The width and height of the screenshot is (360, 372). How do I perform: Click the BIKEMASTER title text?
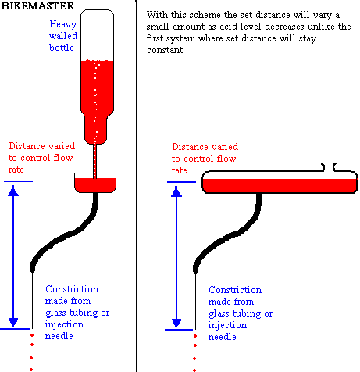click(x=37, y=5)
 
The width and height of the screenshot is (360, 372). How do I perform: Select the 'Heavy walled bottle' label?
click(x=63, y=36)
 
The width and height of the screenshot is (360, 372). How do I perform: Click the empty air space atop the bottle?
click(x=97, y=35)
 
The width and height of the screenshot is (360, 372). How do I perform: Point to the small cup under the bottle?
click(x=95, y=183)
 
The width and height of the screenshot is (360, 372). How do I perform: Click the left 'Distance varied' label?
click(x=41, y=158)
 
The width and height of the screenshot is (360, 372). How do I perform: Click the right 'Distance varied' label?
click(x=205, y=159)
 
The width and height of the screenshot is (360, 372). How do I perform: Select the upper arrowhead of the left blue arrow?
click(x=13, y=191)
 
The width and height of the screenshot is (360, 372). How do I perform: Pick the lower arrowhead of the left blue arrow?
click(x=13, y=322)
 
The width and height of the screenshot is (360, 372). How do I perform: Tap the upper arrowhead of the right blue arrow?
click(x=176, y=191)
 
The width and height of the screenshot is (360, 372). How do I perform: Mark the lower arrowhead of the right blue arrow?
click(x=176, y=323)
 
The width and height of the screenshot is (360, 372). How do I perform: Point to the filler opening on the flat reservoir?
click(x=329, y=167)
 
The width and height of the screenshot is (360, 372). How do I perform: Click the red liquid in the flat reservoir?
click(x=280, y=185)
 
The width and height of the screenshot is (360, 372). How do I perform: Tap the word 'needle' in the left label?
click(x=59, y=336)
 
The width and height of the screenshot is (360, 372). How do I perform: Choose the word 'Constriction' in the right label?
click(x=235, y=290)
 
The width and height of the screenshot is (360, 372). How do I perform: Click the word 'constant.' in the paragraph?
click(x=166, y=50)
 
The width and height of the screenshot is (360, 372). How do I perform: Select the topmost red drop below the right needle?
click(x=195, y=336)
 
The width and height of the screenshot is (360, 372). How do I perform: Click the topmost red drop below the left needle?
click(x=32, y=335)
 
